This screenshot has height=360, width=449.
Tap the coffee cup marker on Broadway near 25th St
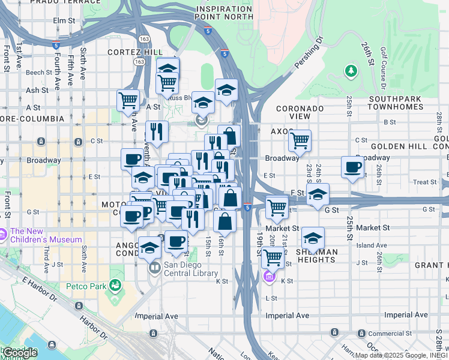coord(353,167)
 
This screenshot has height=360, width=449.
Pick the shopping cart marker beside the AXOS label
coord(299,141)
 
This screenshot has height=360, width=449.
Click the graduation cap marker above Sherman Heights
coord(313,238)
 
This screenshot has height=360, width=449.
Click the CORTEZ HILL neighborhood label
coord(131,52)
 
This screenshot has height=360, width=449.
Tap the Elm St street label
coord(67,20)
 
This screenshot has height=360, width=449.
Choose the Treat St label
coord(424,182)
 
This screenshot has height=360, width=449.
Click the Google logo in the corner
coord(20,353)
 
